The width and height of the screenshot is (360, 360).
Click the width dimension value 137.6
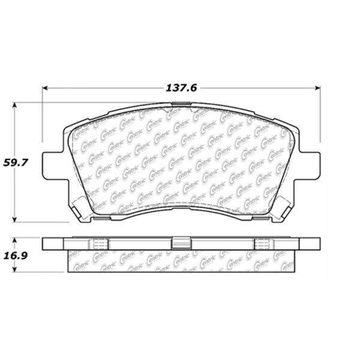click(x=181, y=88)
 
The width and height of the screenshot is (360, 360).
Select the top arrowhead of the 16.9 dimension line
click(x=15, y=240)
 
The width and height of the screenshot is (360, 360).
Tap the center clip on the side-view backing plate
click(x=180, y=243)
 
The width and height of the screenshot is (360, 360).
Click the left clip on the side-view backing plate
click(x=100, y=243)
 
